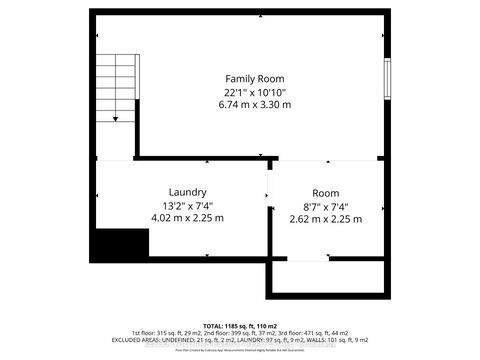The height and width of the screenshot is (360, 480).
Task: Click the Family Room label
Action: coord(254,78)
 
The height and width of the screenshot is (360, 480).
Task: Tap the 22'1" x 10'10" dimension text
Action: coord(254,91)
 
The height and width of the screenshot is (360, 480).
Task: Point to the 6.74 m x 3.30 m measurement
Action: coord(254,104)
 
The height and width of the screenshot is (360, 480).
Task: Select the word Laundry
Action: coord(187,192)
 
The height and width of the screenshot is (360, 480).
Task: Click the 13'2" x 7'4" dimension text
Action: coord(187,205)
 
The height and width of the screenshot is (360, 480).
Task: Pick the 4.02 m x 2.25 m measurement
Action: coord(187,218)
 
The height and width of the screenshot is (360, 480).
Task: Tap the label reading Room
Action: coord(325,193)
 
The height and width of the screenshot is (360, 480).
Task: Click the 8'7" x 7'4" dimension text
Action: coord(325,205)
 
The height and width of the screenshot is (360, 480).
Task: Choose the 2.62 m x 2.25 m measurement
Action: coord(325,218)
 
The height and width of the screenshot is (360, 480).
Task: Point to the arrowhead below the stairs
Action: coord(117,119)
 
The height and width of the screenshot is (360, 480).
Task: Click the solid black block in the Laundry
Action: coord(121,243)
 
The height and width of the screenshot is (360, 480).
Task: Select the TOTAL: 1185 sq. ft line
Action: coord(240,326)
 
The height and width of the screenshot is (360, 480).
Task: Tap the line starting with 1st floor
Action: coord(240,335)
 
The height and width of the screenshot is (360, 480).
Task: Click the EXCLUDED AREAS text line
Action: coord(240,343)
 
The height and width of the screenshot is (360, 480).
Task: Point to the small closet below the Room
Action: coord(327,278)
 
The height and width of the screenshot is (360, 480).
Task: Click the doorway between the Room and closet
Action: coord(306,260)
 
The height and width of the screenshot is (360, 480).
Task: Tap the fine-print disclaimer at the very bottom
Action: coord(240,352)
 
